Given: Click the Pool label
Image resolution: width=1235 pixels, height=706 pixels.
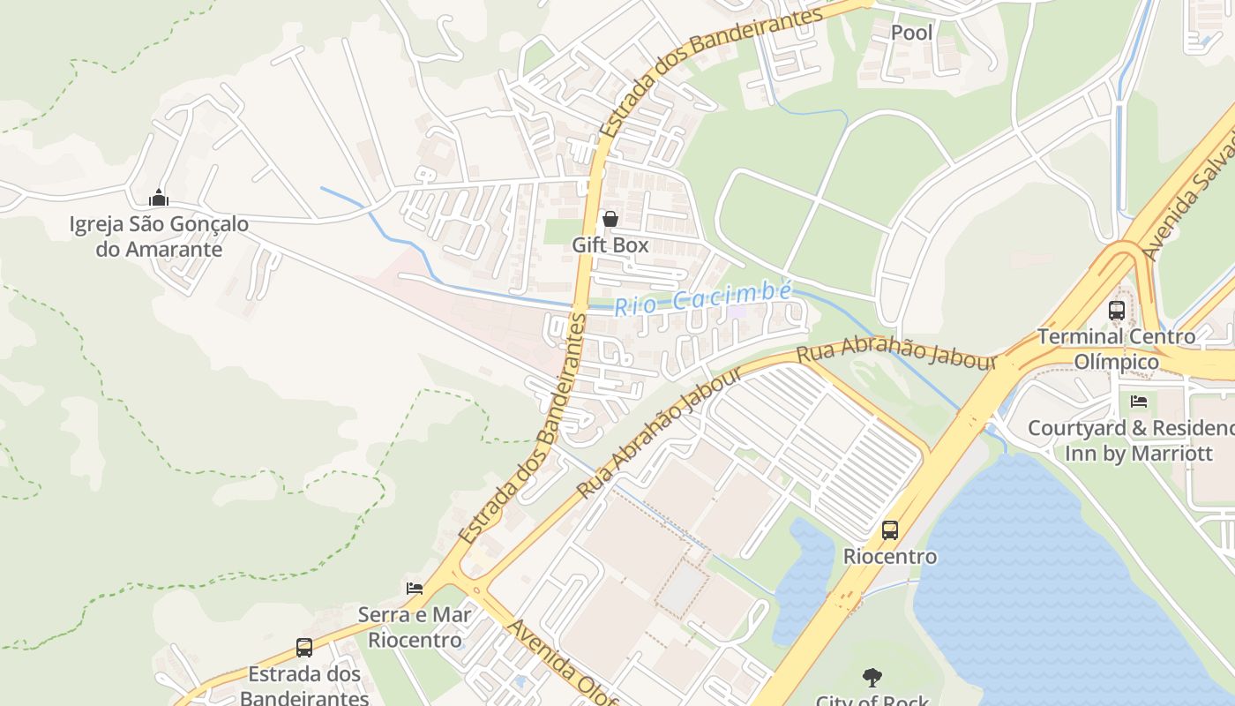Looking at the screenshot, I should [x=911, y=33].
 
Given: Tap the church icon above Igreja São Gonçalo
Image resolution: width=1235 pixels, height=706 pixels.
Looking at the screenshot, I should [x=159, y=197].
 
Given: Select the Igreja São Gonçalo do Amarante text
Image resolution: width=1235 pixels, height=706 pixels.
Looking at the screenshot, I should [x=159, y=237].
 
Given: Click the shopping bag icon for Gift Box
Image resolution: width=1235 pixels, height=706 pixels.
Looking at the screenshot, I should [x=610, y=218].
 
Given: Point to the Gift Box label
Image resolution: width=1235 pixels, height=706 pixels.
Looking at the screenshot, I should [x=610, y=245].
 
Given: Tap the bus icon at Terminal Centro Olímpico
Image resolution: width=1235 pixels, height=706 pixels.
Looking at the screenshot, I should [x=1117, y=311].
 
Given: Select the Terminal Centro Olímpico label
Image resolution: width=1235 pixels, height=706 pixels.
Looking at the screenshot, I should [x=1117, y=349].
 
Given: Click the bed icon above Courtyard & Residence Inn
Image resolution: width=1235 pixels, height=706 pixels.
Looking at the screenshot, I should [x=1139, y=402].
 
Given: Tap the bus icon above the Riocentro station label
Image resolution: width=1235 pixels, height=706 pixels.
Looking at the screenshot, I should [x=890, y=530].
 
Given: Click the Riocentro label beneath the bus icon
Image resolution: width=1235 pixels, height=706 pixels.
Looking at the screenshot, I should [x=890, y=557].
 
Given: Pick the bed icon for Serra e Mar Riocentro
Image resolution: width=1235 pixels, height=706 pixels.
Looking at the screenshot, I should [x=415, y=588].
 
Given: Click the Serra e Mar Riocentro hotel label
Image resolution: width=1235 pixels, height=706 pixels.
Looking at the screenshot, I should [x=415, y=627].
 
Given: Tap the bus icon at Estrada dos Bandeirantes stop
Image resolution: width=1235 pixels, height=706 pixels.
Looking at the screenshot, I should [x=304, y=648].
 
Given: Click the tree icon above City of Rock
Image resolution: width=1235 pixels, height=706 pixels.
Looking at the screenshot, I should [x=872, y=678].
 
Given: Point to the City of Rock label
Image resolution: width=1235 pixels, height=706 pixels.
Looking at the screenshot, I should [x=872, y=701].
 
